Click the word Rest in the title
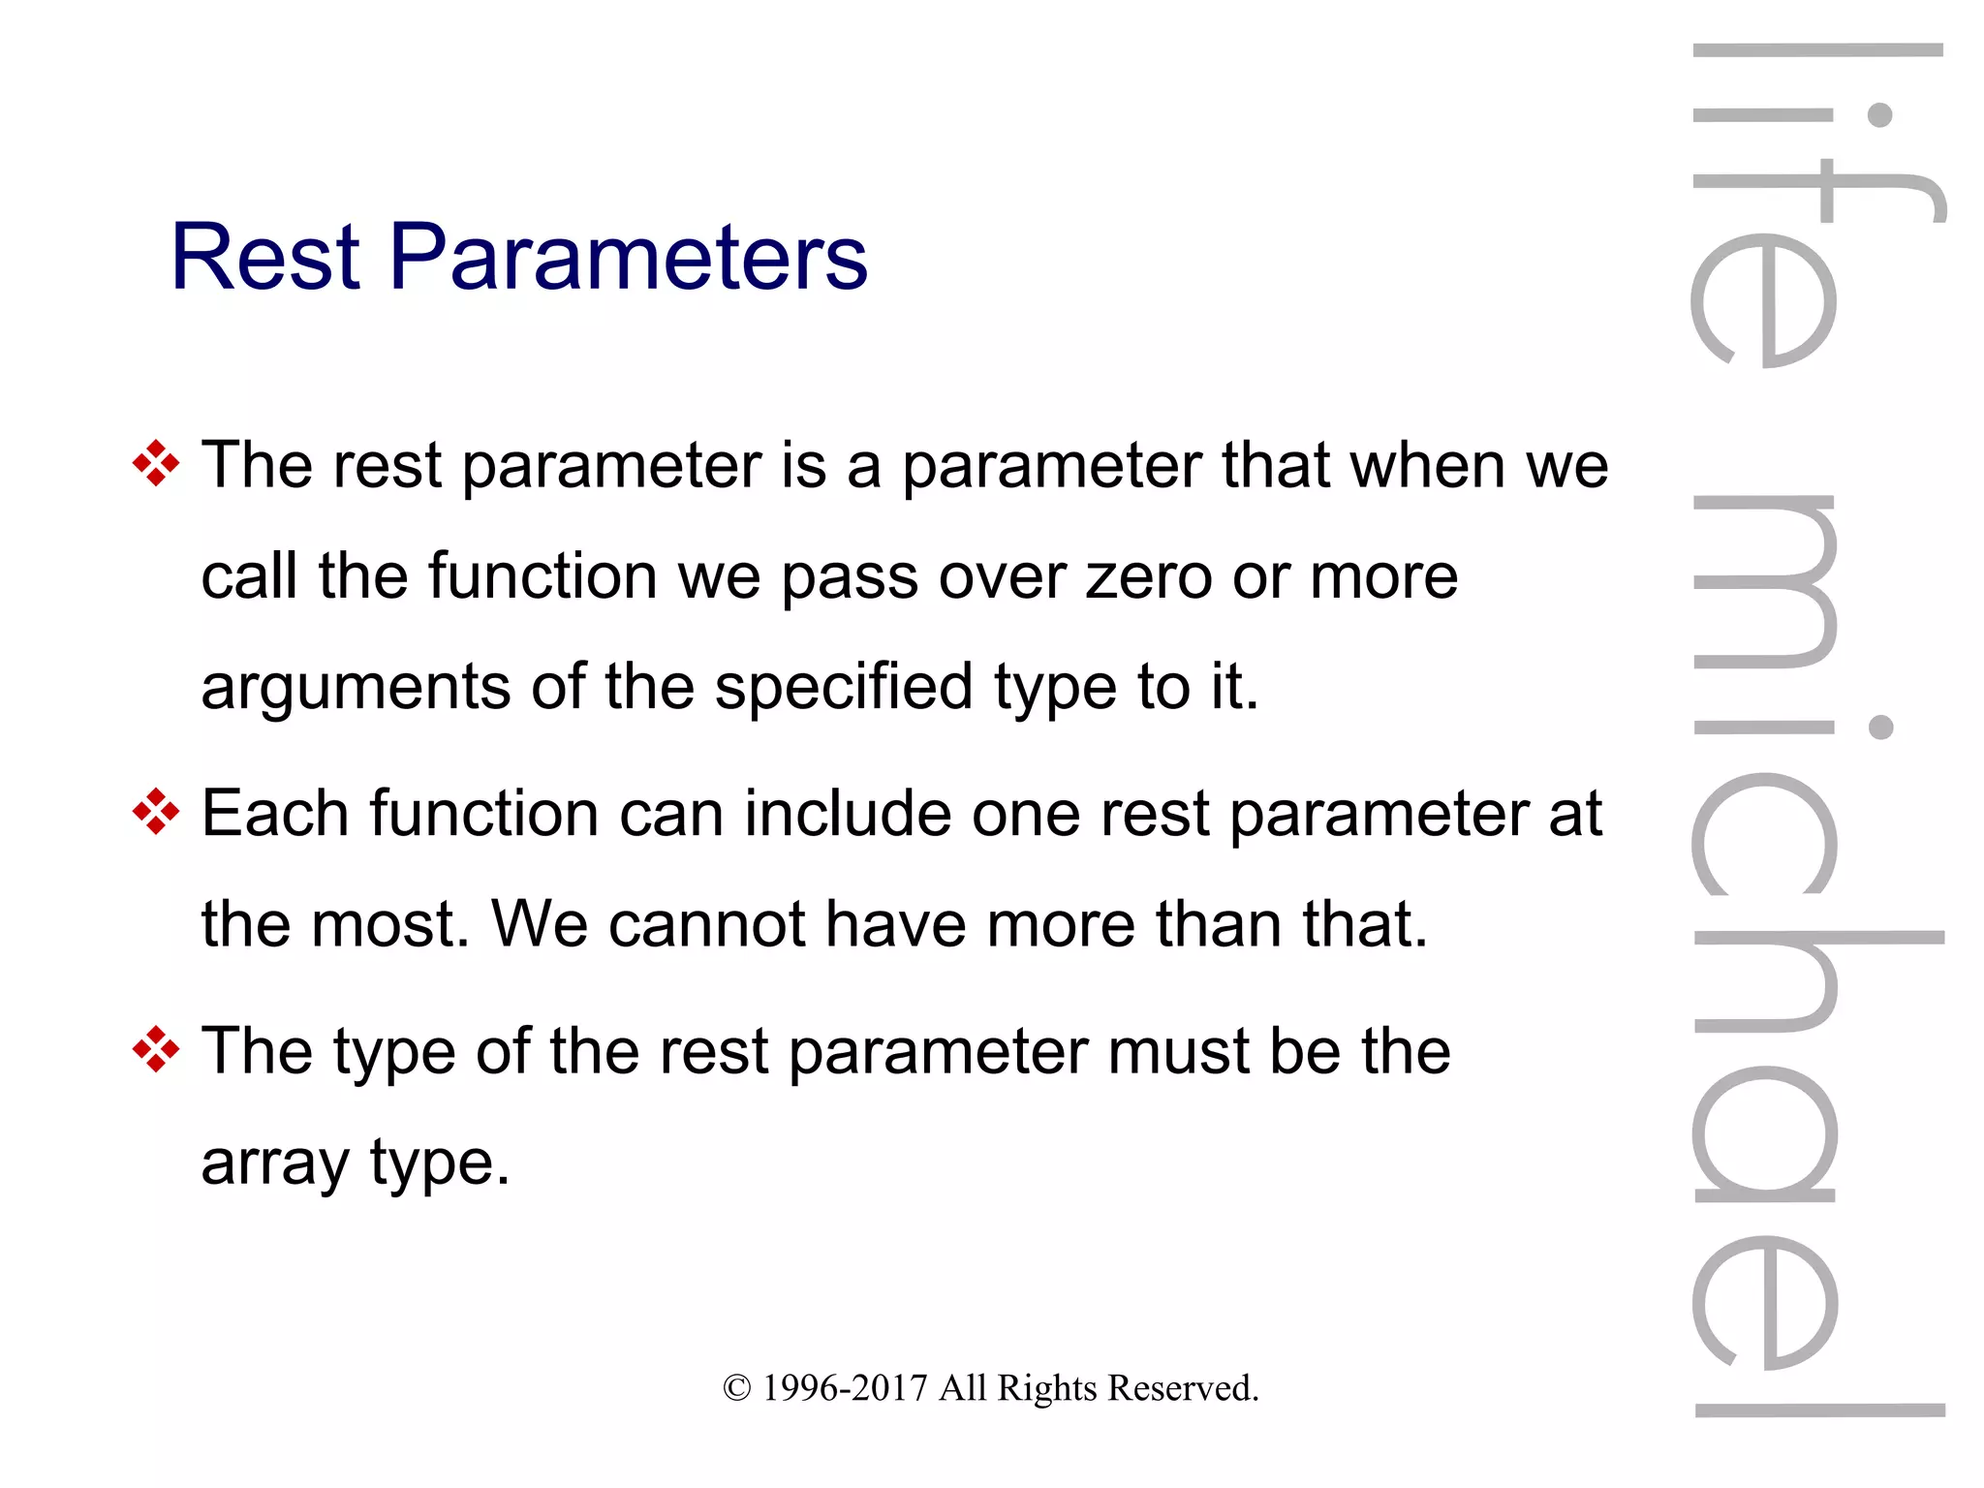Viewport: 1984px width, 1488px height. [x=265, y=257]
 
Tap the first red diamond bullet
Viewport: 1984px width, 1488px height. [x=156, y=463]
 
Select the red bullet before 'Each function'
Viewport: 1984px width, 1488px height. [x=156, y=811]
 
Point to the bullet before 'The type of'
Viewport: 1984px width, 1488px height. [x=156, y=1050]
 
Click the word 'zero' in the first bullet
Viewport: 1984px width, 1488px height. [x=1149, y=577]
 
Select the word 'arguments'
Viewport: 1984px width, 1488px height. [x=355, y=689]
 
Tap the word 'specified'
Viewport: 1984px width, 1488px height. [x=843, y=689]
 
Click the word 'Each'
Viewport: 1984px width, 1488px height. [x=274, y=813]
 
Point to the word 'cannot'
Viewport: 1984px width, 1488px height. [x=706, y=924]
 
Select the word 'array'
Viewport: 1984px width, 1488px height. [x=274, y=1164]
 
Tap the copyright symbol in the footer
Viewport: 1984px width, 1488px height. [x=737, y=1388]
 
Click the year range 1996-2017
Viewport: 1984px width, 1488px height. [x=845, y=1388]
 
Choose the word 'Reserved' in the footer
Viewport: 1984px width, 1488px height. [x=1181, y=1388]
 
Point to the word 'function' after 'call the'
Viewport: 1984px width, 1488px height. [x=542, y=577]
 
